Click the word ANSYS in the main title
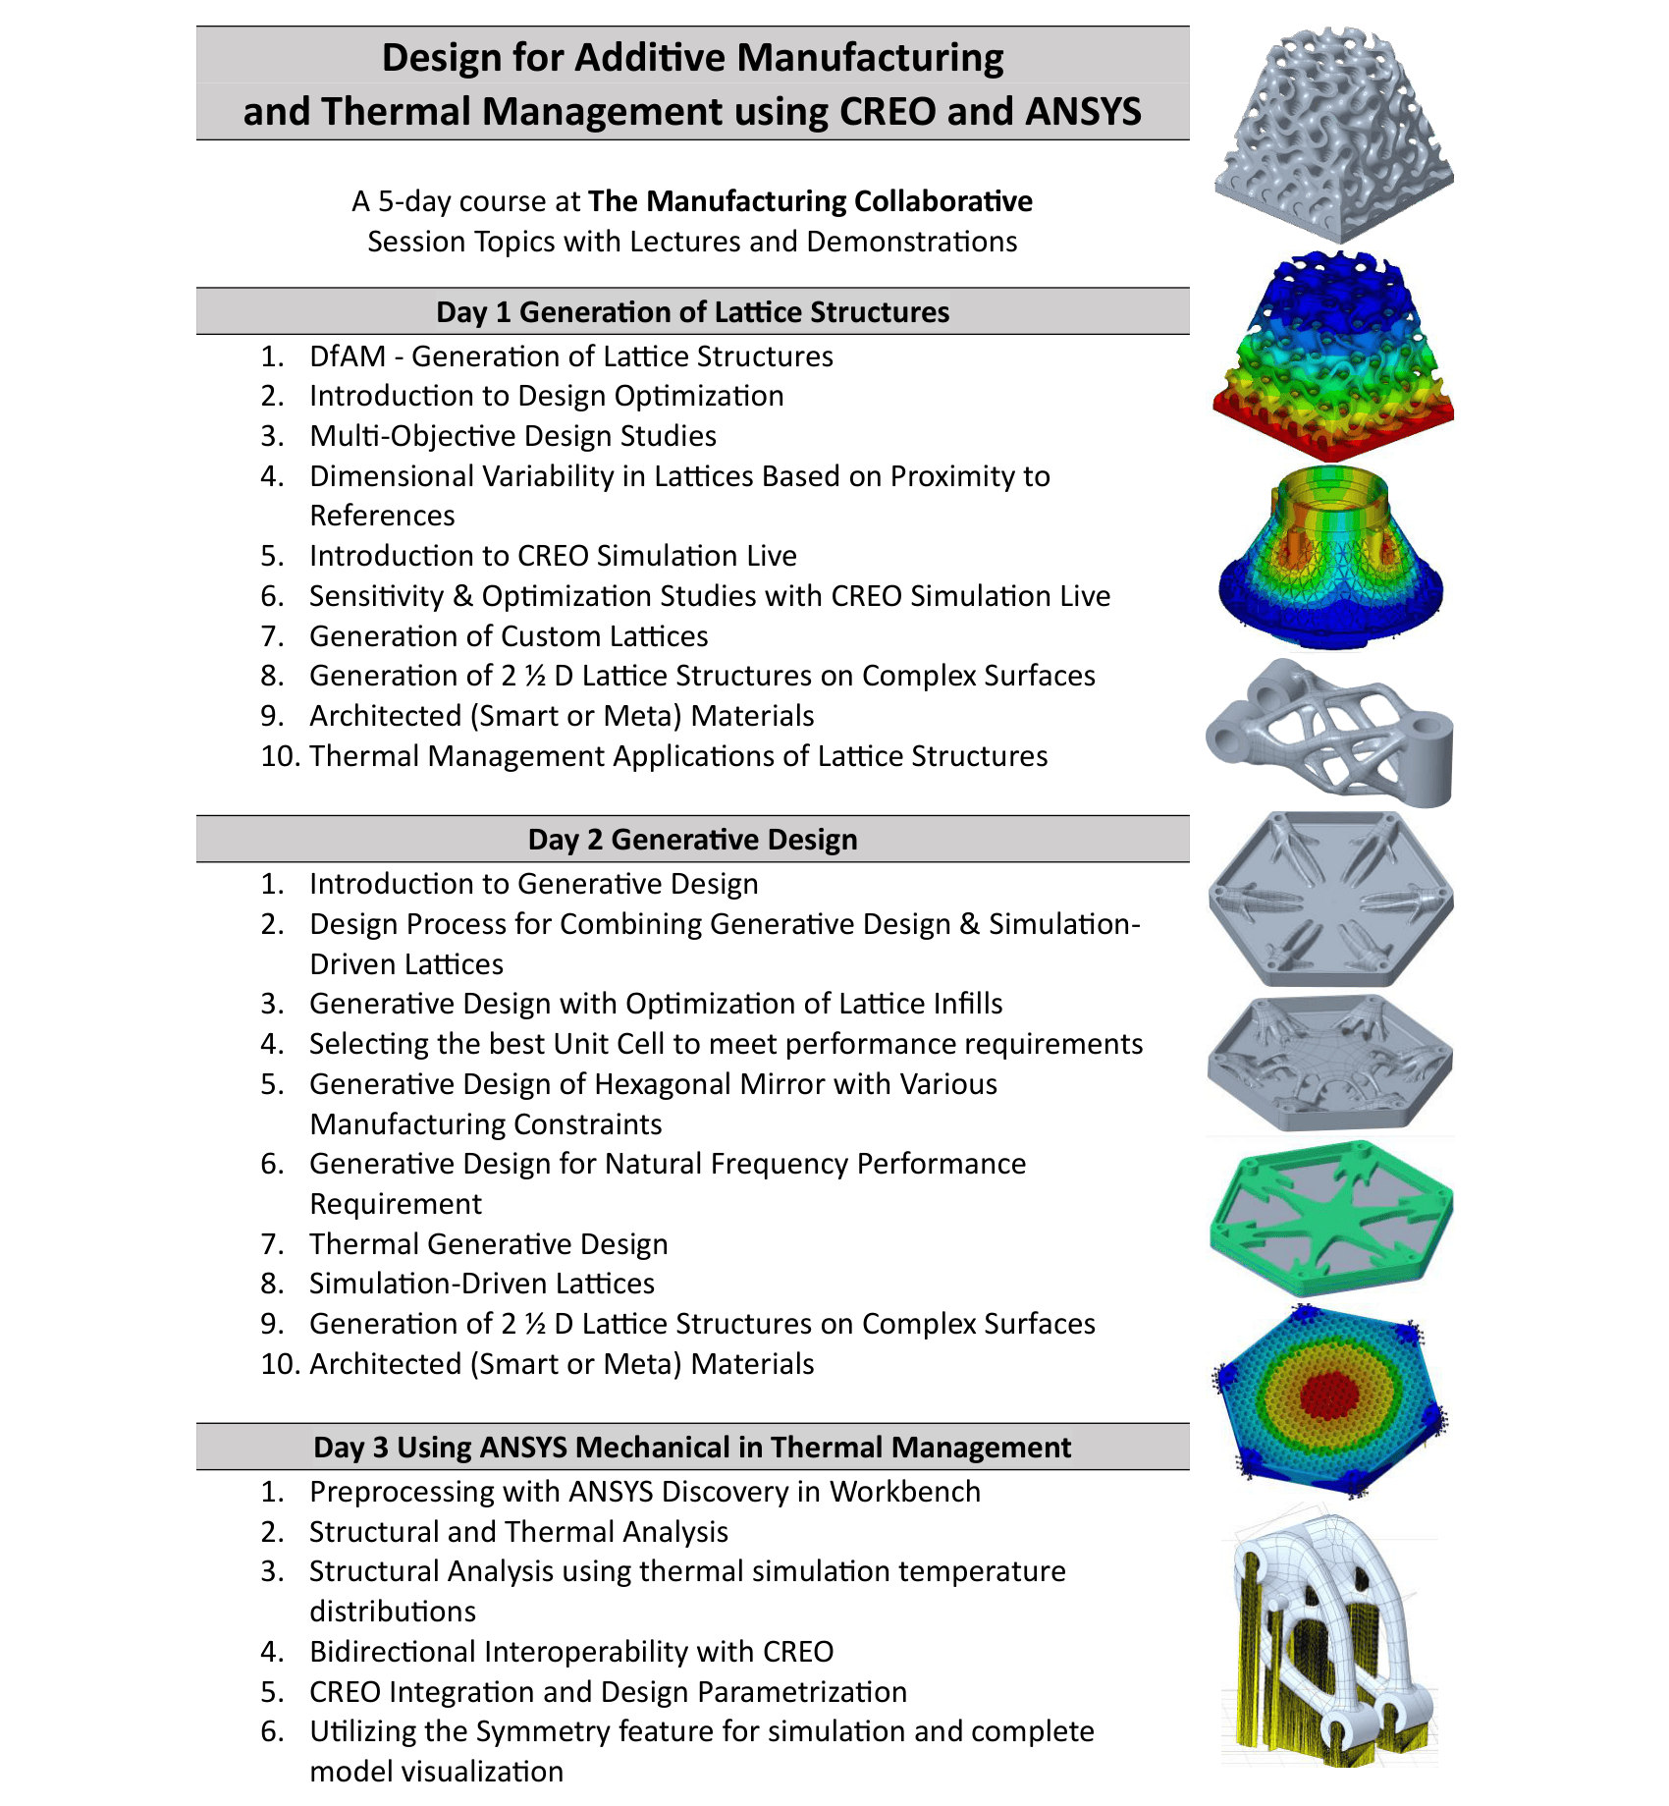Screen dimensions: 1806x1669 pos(1083,112)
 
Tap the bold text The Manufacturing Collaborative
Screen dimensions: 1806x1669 pos(810,201)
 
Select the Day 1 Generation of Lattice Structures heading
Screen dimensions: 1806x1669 pos(692,312)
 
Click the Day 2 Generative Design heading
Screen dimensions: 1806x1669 pos(692,840)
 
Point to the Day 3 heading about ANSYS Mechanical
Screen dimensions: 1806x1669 pos(692,1448)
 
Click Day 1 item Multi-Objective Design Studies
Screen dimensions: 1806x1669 pos(512,436)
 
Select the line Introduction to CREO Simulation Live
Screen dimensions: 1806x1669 pos(553,556)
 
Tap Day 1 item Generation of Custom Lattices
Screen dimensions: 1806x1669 pos(509,636)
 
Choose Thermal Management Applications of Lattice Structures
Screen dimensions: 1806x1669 pos(678,756)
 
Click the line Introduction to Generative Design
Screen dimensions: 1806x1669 pos(533,884)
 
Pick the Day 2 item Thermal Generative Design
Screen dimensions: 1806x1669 pos(488,1244)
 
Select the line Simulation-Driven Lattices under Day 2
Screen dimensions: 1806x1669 pos(481,1284)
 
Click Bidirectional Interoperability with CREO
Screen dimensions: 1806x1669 pos(571,1652)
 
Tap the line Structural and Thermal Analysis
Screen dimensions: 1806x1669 pos(518,1532)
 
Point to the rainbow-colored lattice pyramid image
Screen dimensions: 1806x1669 pos(1333,358)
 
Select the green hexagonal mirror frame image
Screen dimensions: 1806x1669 pos(1331,1216)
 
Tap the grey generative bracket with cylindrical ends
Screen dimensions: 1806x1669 pos(1330,732)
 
